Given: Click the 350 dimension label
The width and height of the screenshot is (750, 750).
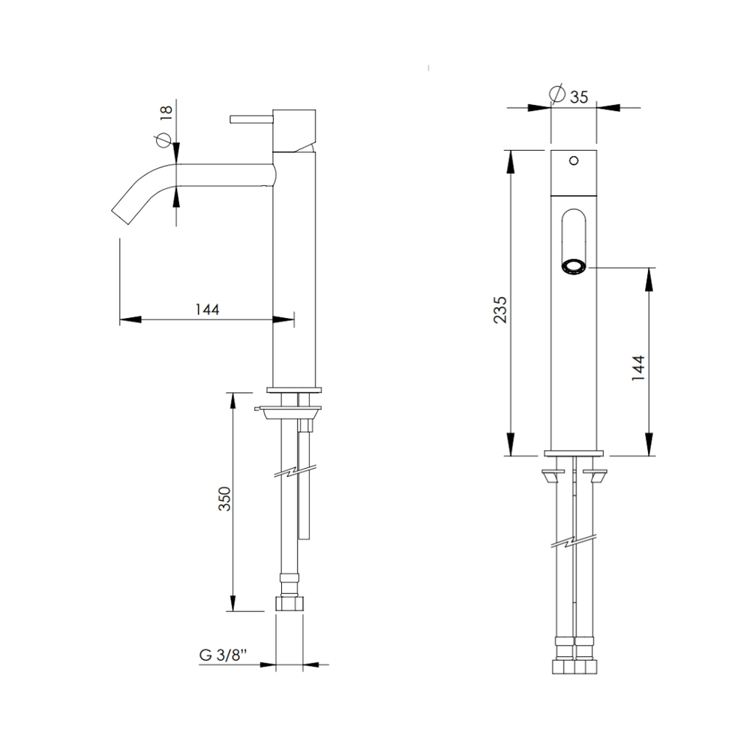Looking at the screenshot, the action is (225, 499).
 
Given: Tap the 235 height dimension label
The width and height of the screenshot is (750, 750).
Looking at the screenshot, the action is (499, 310).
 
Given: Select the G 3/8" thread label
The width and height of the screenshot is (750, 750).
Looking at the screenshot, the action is (223, 655).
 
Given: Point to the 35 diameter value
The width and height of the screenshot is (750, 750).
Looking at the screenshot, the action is (579, 97).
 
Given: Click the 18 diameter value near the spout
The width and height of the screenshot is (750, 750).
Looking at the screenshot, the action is (166, 112).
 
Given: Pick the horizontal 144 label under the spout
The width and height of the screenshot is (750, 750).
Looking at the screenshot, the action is (207, 310).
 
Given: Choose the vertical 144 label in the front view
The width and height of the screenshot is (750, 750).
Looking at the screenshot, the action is (638, 367).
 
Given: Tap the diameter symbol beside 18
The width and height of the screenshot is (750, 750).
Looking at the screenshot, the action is (163, 139).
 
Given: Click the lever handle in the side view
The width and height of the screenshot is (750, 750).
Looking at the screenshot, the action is (251, 119).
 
